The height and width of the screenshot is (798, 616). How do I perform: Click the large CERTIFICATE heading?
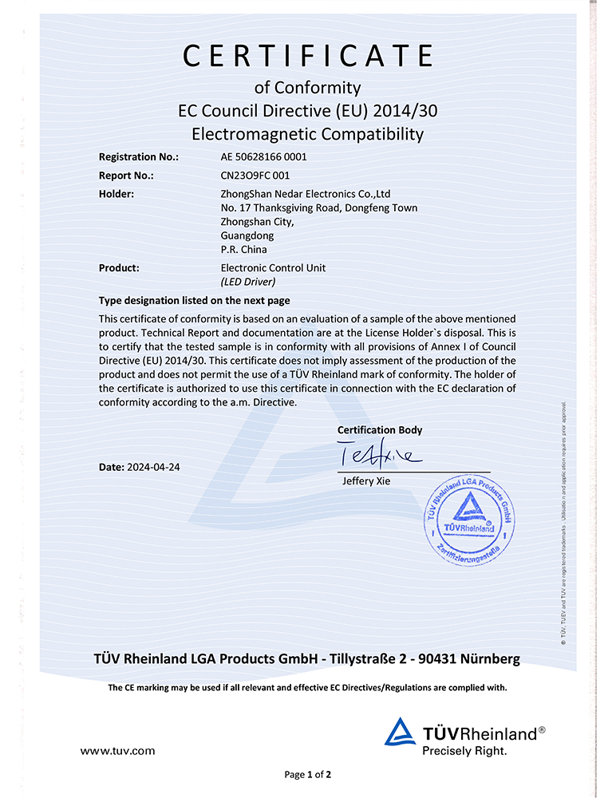pyautogui.click(x=308, y=56)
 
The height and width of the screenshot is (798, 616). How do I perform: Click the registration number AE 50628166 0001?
pyautogui.click(x=263, y=156)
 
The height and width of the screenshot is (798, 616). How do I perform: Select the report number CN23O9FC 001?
pyautogui.click(x=255, y=176)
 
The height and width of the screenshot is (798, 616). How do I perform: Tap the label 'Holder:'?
pyautogui.click(x=116, y=194)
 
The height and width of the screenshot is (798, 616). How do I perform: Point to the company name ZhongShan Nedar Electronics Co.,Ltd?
pyautogui.click(x=305, y=194)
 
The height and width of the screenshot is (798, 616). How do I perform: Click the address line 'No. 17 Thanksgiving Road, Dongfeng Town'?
pyautogui.click(x=318, y=207)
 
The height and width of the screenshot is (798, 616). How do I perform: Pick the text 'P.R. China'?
pyautogui.click(x=243, y=249)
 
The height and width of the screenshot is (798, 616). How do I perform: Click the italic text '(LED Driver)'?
pyautogui.click(x=247, y=282)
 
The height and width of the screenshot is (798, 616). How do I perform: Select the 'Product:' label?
pyautogui.click(x=119, y=268)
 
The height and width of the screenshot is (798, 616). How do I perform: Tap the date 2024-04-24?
pyautogui.click(x=152, y=467)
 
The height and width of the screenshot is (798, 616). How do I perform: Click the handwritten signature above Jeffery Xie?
pyautogui.click(x=378, y=456)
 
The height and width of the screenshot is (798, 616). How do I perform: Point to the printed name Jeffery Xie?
pyautogui.click(x=365, y=481)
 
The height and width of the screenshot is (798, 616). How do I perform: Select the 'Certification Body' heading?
pyautogui.click(x=380, y=430)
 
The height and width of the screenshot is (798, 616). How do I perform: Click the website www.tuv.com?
pyautogui.click(x=118, y=751)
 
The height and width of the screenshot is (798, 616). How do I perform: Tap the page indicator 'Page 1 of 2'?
pyautogui.click(x=307, y=774)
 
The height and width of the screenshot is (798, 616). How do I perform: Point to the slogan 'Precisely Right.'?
pyautogui.click(x=464, y=751)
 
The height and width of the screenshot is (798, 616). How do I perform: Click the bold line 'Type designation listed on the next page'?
pyautogui.click(x=194, y=301)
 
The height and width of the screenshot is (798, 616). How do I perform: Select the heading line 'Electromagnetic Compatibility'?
pyautogui.click(x=308, y=134)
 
